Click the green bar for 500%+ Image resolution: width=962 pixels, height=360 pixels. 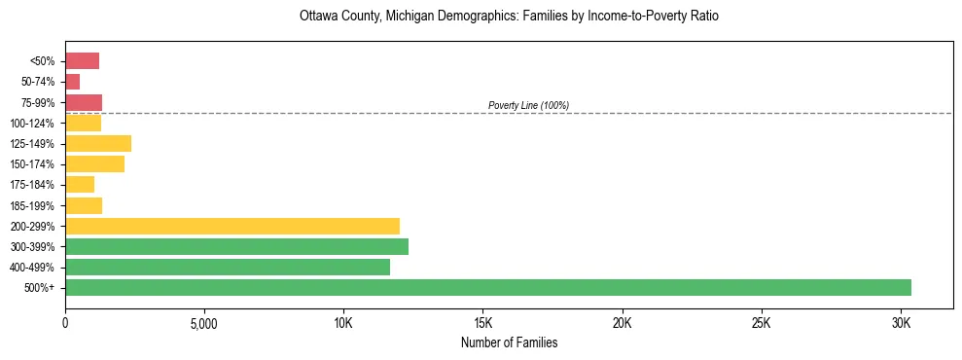pyautogui.click(x=487, y=287)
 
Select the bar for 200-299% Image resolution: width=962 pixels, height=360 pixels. pyautogui.click(x=232, y=226)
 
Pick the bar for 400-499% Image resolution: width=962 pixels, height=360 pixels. pyautogui.click(x=228, y=267)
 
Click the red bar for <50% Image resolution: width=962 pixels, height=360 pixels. pyautogui.click(x=82, y=61)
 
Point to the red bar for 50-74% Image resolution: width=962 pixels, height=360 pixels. pyautogui.click(x=73, y=82)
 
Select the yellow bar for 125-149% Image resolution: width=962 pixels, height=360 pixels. pyautogui.click(x=98, y=144)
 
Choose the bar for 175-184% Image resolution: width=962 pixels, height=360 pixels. pyautogui.click(x=80, y=185)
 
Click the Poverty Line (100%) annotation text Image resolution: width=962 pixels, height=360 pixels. pyautogui.click(x=528, y=105)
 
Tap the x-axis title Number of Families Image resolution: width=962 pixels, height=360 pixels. pyautogui.click(x=509, y=342)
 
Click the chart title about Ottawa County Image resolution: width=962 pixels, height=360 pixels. pyautogui.click(x=509, y=18)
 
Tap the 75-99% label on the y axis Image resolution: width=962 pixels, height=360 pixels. pyautogui.click(x=39, y=103)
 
